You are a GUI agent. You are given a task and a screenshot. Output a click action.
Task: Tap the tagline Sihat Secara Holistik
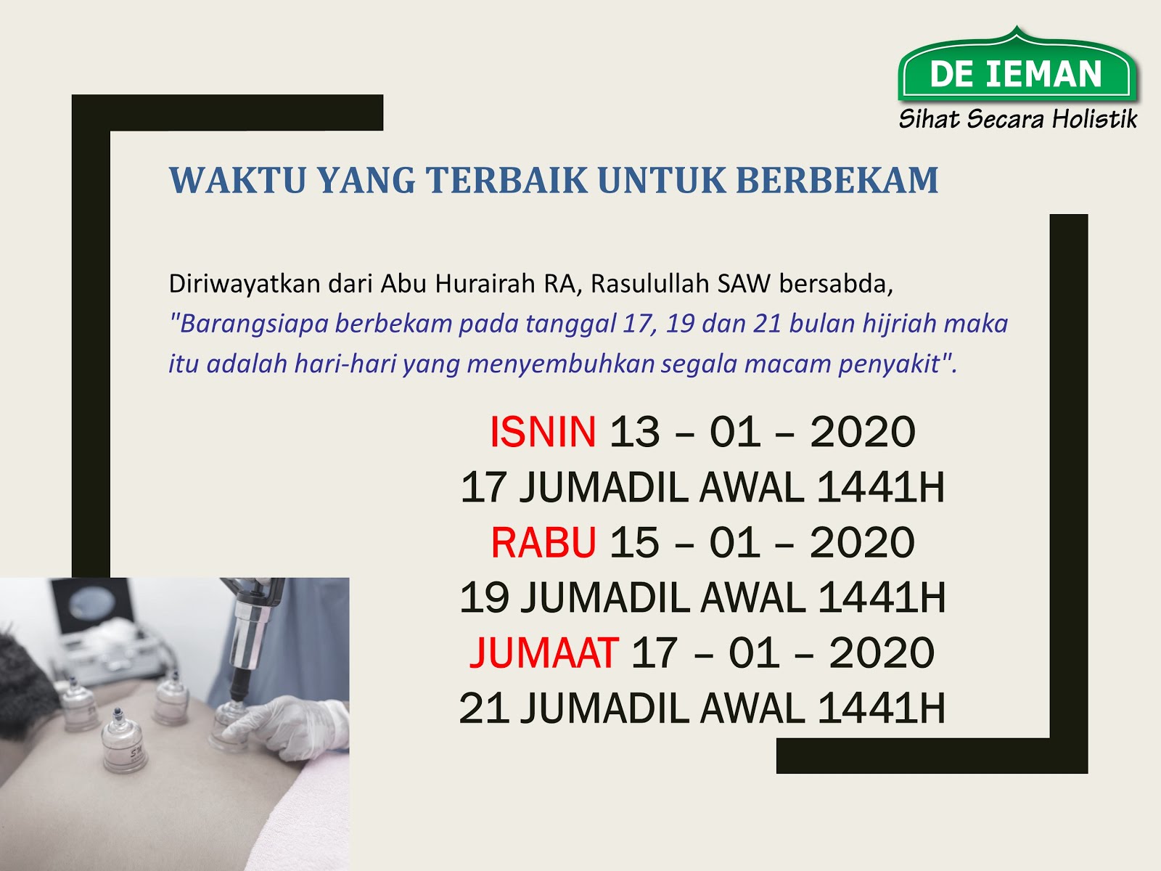pyautogui.click(x=1017, y=118)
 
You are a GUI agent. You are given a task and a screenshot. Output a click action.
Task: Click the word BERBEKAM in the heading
pyautogui.click(x=837, y=180)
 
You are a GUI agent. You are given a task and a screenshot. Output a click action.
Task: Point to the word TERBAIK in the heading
pyautogui.click(x=507, y=180)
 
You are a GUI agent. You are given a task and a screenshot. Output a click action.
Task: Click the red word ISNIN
pyautogui.click(x=543, y=432)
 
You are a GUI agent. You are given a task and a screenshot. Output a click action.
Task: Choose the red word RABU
pyautogui.click(x=543, y=543)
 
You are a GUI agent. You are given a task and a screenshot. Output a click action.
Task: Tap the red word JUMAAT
pyautogui.click(x=543, y=653)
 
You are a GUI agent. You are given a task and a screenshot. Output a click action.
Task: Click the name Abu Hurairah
pyautogui.click(x=459, y=284)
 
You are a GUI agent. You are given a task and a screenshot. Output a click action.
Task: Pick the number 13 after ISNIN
pyautogui.click(x=635, y=432)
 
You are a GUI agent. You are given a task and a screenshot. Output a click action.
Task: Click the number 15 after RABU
pyautogui.click(x=635, y=543)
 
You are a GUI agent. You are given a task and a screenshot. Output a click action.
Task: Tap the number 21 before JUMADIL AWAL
pyautogui.click(x=484, y=708)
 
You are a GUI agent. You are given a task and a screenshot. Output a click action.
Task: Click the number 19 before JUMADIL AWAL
pyautogui.click(x=484, y=597)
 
